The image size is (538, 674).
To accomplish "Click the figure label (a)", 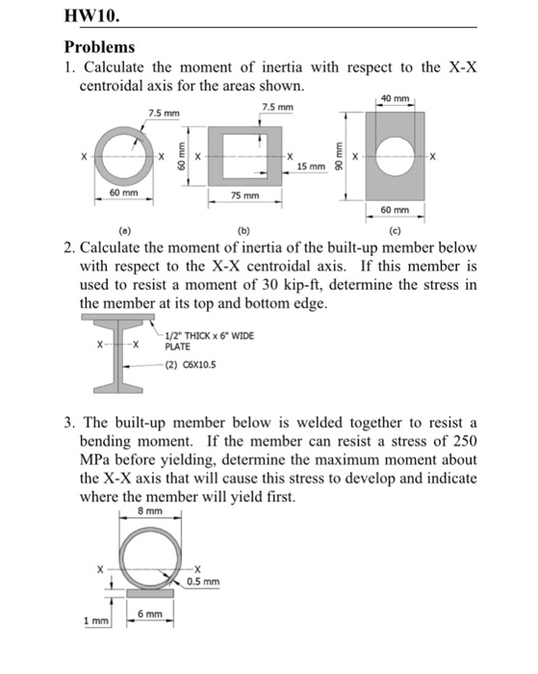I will tap(122, 230).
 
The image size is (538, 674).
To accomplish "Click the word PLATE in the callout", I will tap(179, 347).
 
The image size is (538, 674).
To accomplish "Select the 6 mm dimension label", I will tap(147, 613).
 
